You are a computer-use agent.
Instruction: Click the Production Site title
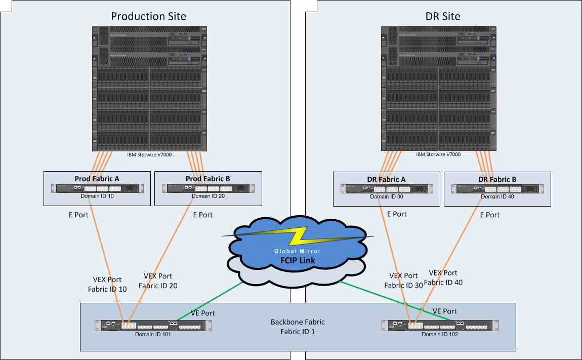point(148,16)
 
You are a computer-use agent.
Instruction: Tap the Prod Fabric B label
point(207,178)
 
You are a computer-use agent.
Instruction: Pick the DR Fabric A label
point(386,179)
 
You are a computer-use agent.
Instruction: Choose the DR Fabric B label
point(497,179)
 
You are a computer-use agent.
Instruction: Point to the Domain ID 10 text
point(97,196)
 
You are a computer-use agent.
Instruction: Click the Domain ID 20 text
point(207,196)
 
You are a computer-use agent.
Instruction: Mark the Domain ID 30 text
point(386,196)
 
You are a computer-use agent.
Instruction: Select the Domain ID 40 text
point(497,196)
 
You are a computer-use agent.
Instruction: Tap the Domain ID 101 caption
point(152,334)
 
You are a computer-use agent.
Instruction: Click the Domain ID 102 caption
point(440,334)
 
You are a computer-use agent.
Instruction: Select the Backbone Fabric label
point(298,327)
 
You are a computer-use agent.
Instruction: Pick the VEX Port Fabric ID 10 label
point(107,284)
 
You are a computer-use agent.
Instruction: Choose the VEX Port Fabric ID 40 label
point(443,277)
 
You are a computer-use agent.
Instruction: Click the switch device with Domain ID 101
point(152,326)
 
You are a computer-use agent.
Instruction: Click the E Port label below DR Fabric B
point(489,215)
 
